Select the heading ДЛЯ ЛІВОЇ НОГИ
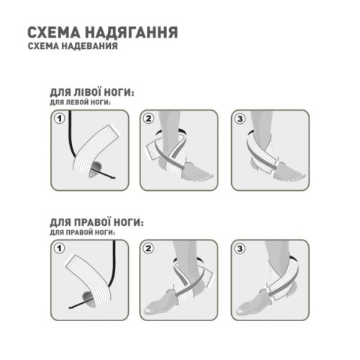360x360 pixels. (x=92, y=94)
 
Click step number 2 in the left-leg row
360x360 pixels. (x=149, y=118)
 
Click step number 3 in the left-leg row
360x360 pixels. (x=240, y=118)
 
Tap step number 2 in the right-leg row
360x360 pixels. (x=149, y=248)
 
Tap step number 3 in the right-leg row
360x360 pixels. (x=240, y=248)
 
